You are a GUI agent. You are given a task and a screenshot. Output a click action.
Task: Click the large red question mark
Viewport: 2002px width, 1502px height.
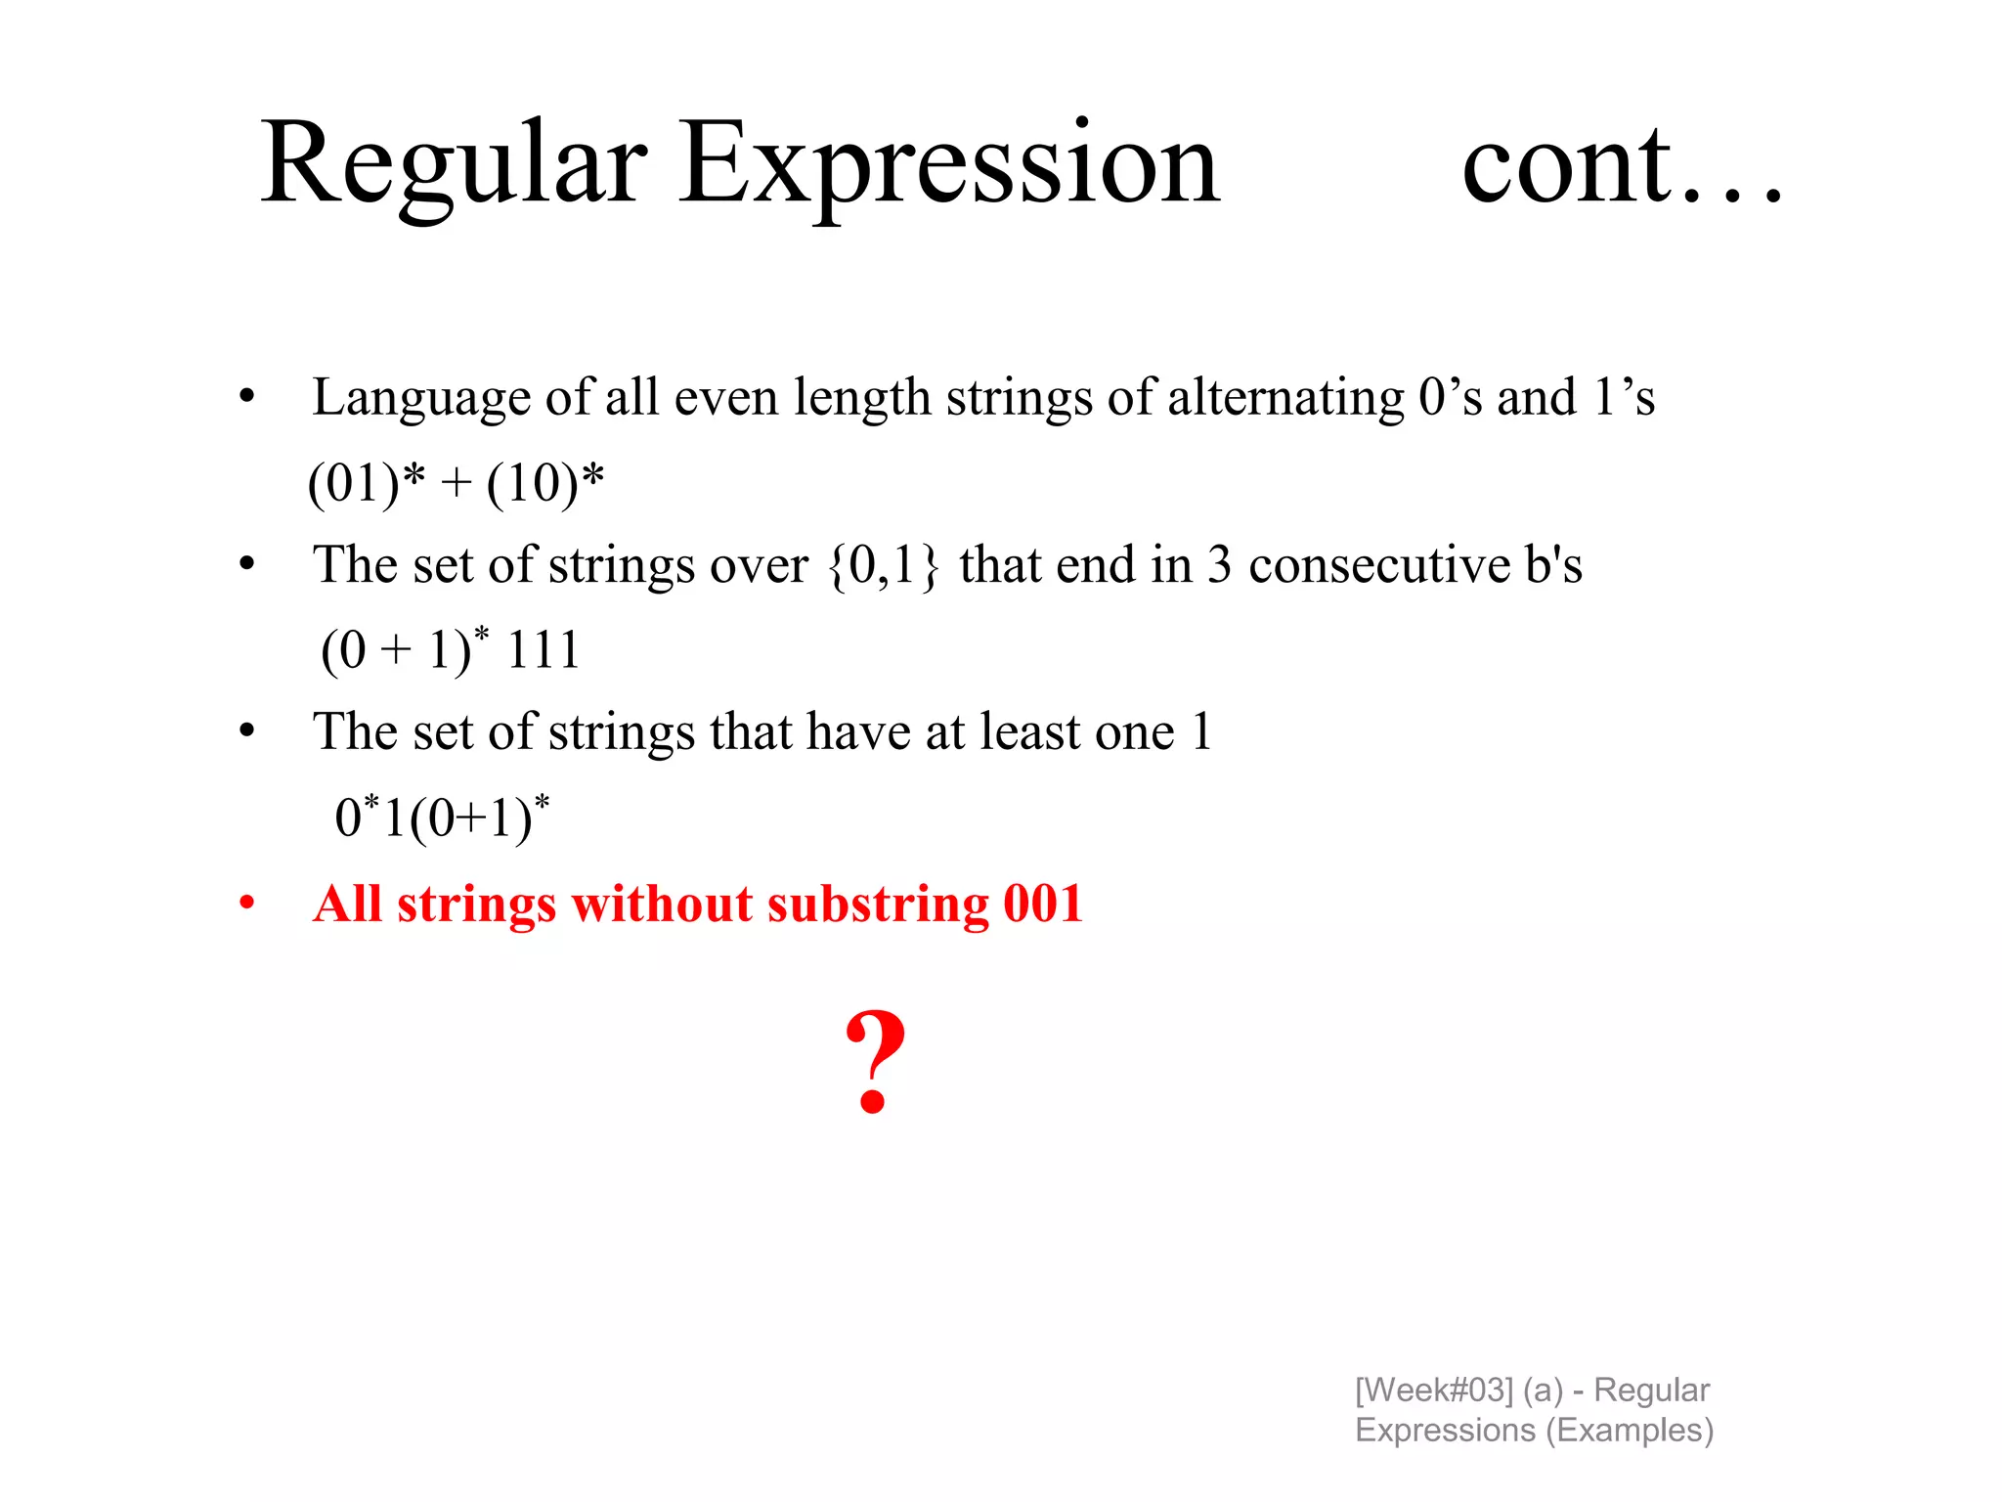coord(875,1062)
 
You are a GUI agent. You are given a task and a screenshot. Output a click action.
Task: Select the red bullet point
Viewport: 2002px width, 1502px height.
coord(247,903)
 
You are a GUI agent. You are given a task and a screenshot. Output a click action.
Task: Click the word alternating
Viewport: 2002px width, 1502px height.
coord(1285,399)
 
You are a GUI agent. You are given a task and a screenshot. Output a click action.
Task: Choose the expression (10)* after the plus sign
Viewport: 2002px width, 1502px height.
coord(545,483)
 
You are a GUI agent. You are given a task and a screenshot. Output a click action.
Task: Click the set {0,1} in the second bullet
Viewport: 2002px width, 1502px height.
coord(884,566)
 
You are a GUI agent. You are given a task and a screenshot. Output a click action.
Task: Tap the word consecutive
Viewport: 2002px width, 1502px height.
coord(1379,566)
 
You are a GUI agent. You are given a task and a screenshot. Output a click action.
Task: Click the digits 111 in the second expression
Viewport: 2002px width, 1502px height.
coord(544,650)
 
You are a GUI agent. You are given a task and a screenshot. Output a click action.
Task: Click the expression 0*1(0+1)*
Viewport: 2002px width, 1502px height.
coord(442,817)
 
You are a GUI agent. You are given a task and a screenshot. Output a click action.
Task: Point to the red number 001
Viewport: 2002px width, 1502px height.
coord(1043,904)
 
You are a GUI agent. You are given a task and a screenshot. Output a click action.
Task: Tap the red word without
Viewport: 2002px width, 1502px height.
coord(663,904)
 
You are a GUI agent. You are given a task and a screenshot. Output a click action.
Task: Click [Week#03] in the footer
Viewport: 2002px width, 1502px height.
coord(1433,1390)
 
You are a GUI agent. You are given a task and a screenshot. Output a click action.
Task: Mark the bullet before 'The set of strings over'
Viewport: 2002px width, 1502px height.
coord(247,564)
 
